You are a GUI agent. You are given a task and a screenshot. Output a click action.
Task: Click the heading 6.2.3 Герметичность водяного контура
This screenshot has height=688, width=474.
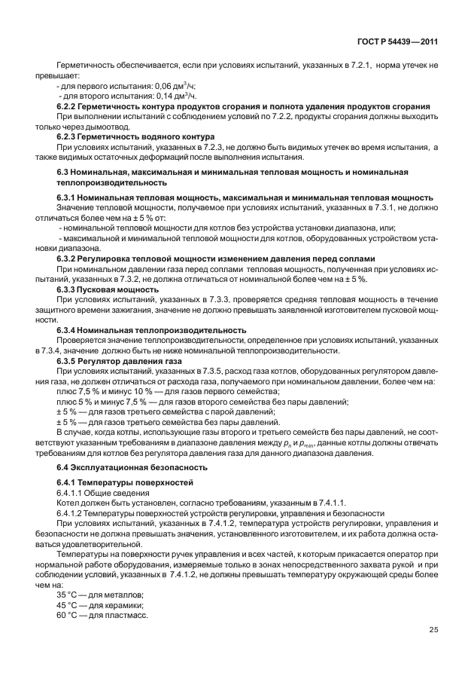(x=130, y=137)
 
